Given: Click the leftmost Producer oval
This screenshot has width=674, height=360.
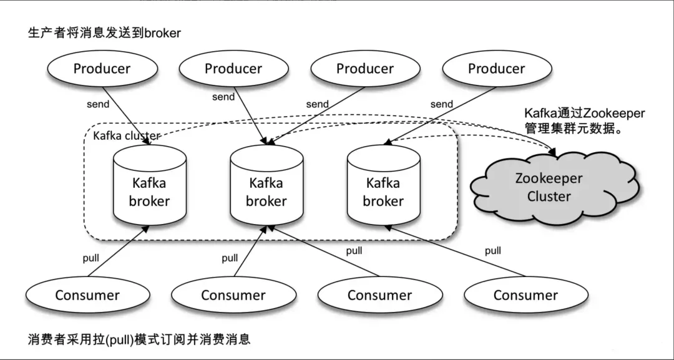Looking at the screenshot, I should coord(102,69).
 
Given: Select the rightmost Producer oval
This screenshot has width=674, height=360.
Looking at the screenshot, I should coord(497,69).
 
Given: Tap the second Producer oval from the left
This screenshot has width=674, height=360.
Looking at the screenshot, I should coord(233,69).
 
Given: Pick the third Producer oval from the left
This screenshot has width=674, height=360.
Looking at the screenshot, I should coord(365,69).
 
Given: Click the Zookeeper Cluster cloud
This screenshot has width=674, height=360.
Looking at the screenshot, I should coord(549,187).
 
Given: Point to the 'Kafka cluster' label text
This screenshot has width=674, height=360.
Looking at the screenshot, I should coord(126,135).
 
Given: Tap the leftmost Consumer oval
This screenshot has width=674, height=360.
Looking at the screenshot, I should coord(87,295).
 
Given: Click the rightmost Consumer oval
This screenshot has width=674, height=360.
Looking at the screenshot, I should coord(525,295).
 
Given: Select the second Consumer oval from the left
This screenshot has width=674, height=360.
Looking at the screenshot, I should coord(233,295).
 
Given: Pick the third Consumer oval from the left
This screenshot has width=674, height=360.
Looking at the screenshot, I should coord(379,295).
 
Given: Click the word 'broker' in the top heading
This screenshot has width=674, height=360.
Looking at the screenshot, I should coord(162,32).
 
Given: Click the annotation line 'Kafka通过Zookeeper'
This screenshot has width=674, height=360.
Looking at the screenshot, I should coord(584,114).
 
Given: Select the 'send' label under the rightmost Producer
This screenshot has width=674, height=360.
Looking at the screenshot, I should coord(442,104).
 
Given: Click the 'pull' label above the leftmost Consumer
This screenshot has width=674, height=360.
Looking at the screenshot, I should coord(91,257).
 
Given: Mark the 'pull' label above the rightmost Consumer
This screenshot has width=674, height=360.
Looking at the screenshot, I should coord(493,251).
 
